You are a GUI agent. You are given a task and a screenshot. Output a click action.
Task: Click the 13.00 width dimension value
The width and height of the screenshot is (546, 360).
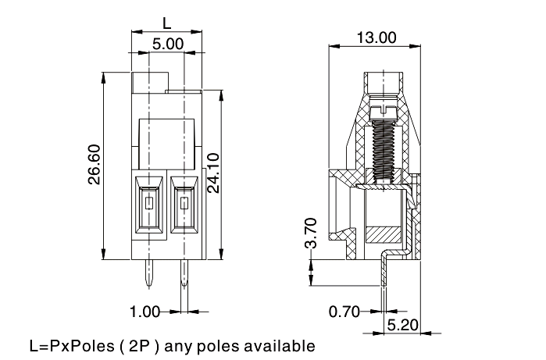point(376,37)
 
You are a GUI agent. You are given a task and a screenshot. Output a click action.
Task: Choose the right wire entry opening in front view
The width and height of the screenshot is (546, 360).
point(184,207)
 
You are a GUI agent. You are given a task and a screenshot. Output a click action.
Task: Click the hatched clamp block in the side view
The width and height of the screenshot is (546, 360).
point(383,233)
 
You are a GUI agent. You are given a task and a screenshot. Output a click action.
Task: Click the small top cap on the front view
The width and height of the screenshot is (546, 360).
point(150,80)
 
